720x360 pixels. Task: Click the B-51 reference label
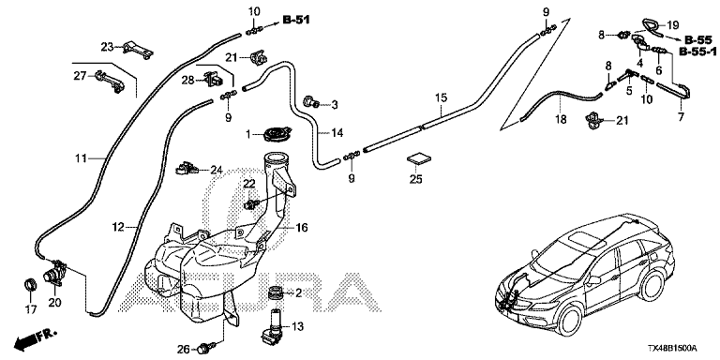296,20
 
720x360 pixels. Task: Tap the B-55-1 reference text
698,52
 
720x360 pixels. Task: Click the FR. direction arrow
35,337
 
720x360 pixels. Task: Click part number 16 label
302,227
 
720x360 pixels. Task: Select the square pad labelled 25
419,158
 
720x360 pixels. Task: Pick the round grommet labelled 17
30,284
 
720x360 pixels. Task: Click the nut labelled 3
312,103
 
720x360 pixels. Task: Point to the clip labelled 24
186,169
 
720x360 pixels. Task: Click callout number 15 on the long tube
441,97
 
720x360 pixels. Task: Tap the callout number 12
118,226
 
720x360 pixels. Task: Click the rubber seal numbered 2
275,292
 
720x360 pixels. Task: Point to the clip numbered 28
214,80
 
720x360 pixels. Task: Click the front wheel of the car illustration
572,318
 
